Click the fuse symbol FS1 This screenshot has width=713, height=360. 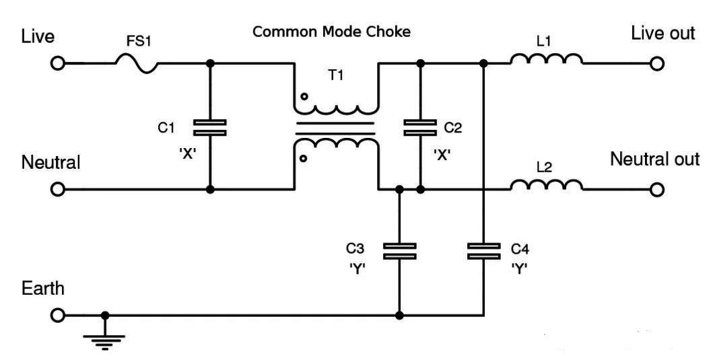[137, 64]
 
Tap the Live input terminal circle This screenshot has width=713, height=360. [58, 64]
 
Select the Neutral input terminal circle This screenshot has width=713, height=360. [58, 190]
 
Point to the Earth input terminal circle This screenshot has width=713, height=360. [58, 315]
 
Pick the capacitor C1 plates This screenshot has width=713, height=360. [209, 127]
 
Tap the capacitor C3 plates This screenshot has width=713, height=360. [399, 251]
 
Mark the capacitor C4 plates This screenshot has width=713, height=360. [483, 251]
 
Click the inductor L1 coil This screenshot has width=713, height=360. [546, 60]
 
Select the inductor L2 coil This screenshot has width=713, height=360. [546, 185]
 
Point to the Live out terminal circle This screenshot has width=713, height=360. [657, 64]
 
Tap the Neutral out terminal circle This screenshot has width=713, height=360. [657, 190]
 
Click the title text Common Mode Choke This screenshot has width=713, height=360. [331, 32]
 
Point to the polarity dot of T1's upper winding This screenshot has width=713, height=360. [304, 97]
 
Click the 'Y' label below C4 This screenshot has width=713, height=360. [519, 269]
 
